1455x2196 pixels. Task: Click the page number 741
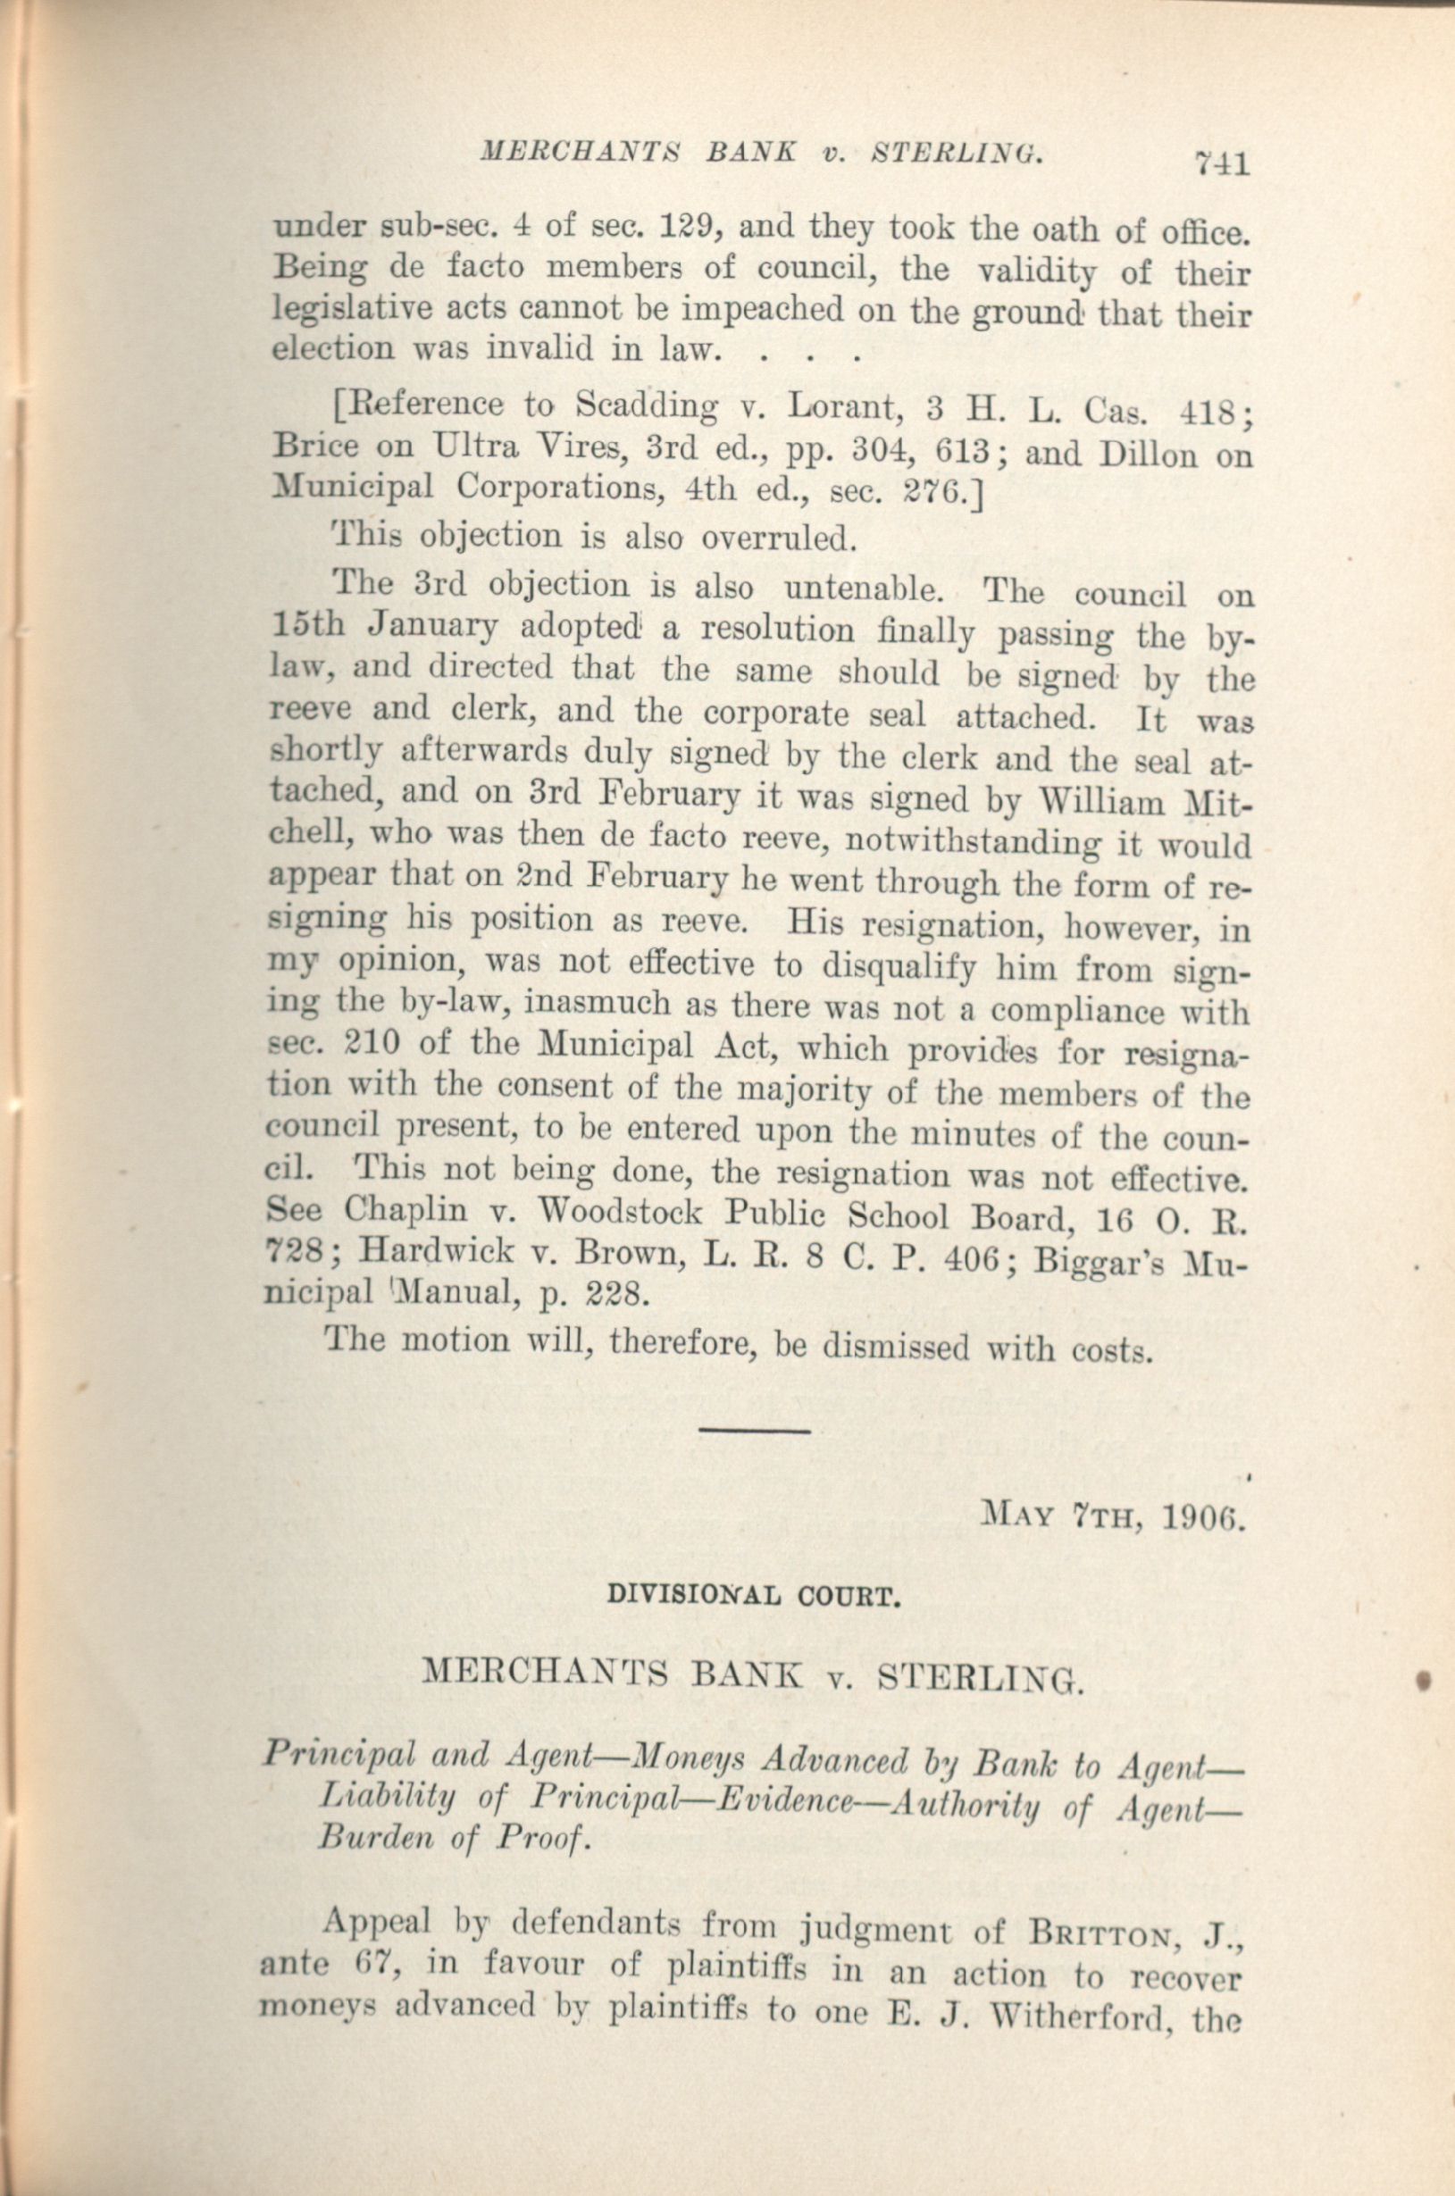(x=1222, y=164)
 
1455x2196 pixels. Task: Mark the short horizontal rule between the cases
(x=755, y=1432)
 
